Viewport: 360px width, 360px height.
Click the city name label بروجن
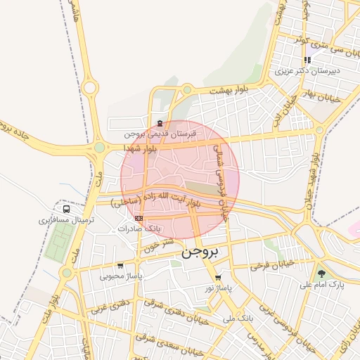coord(200,252)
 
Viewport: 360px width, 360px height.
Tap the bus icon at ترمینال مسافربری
coord(66,209)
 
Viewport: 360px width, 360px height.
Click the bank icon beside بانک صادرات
coord(139,218)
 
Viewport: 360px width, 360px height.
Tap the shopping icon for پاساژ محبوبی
coord(120,266)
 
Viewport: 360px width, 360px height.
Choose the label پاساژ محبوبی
coord(121,276)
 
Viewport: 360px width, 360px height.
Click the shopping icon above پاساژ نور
coord(218,277)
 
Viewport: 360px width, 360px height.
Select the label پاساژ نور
coord(218,288)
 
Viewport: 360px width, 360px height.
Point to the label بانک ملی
coord(238,319)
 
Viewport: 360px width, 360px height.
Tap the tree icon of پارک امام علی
coord(321,274)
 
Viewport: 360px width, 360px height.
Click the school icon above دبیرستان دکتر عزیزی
coord(307,60)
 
